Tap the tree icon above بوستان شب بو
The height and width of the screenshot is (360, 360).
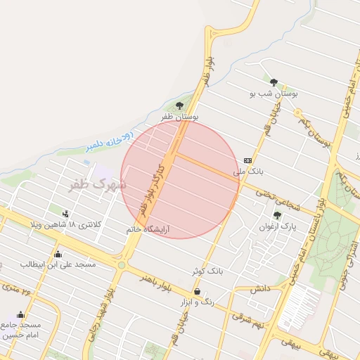click(274, 82)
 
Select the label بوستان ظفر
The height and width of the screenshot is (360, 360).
click(181, 116)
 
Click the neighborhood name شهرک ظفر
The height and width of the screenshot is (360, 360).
click(97, 184)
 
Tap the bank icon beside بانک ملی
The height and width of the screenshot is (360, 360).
click(247, 160)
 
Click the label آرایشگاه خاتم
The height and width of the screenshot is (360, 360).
click(148, 229)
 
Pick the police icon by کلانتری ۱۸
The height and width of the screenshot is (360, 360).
click(66, 214)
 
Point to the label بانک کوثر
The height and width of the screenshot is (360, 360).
click(206, 270)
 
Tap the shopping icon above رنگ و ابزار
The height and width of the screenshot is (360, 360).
click(196, 291)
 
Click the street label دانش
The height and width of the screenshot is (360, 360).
click(259, 288)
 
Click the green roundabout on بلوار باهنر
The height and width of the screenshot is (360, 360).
click(122, 265)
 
